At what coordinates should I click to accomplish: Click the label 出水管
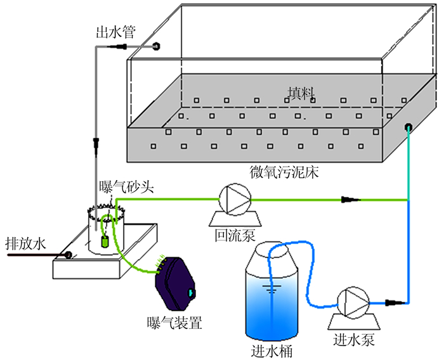pyautogui.click(x=115, y=32)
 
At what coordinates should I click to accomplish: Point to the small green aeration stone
pyautogui.click(x=106, y=241)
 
